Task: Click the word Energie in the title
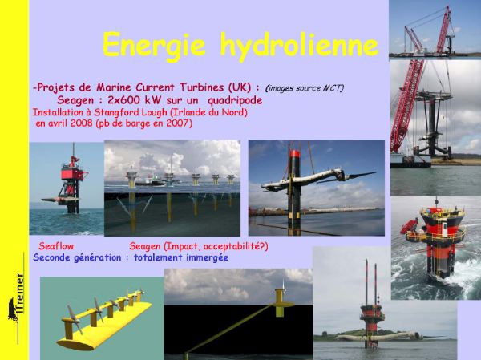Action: [x=154, y=46]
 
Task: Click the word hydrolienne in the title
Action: [x=299, y=46]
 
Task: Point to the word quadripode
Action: [x=235, y=101]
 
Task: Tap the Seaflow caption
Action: [x=56, y=246]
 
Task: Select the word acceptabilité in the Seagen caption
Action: [x=232, y=246]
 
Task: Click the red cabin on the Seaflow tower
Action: [x=71, y=174]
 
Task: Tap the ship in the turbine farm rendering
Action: [x=151, y=182]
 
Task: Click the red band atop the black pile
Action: [x=294, y=154]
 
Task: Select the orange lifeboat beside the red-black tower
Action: [x=409, y=226]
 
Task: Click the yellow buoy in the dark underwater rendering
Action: [x=280, y=303]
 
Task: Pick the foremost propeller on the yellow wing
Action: [x=74, y=318]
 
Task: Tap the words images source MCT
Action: [x=305, y=88]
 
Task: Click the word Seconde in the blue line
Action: [x=51, y=257]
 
